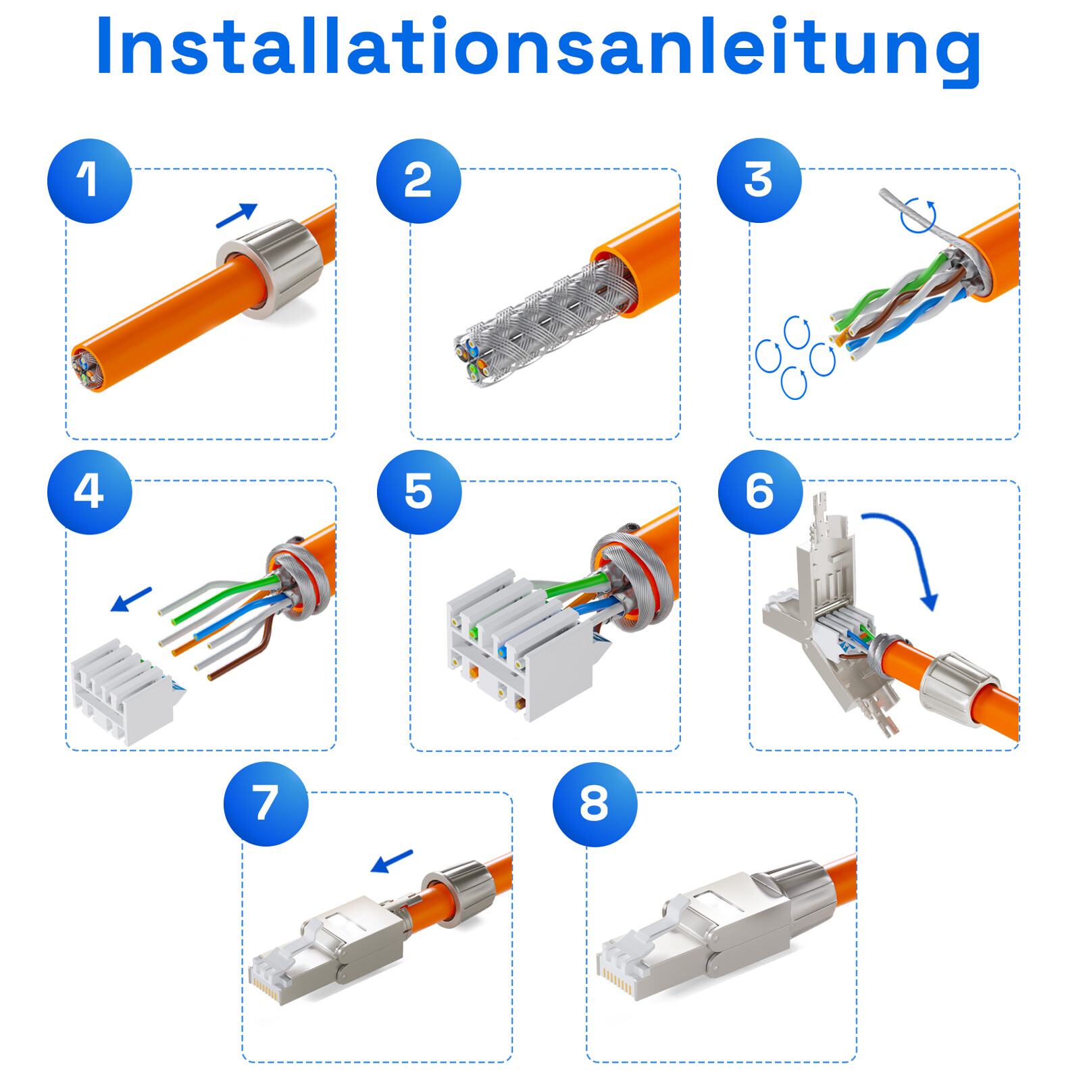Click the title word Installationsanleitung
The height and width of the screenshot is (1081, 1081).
[538, 47]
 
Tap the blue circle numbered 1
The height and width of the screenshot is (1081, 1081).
[89, 180]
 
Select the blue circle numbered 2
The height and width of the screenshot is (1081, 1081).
[418, 180]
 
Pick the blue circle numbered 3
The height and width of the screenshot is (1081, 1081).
[759, 180]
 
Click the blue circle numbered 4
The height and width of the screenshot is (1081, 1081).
[89, 492]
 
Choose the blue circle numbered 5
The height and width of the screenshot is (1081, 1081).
[419, 492]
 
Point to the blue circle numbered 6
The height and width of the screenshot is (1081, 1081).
[760, 492]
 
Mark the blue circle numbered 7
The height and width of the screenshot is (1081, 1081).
[266, 803]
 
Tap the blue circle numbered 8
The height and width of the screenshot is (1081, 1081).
[595, 804]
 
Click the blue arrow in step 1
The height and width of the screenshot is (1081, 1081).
[236, 216]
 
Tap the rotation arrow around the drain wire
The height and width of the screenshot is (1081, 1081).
[919, 215]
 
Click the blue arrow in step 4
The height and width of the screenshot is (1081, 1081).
[131, 599]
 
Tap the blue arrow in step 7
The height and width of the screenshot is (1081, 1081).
[392, 861]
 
